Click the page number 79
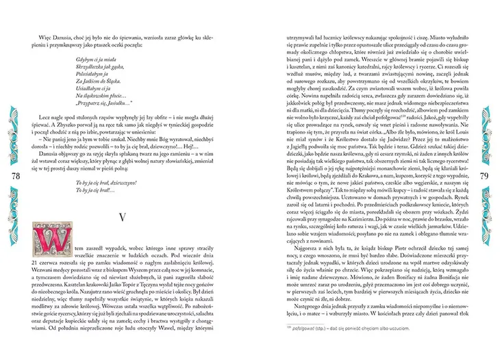click(x=483, y=177)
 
